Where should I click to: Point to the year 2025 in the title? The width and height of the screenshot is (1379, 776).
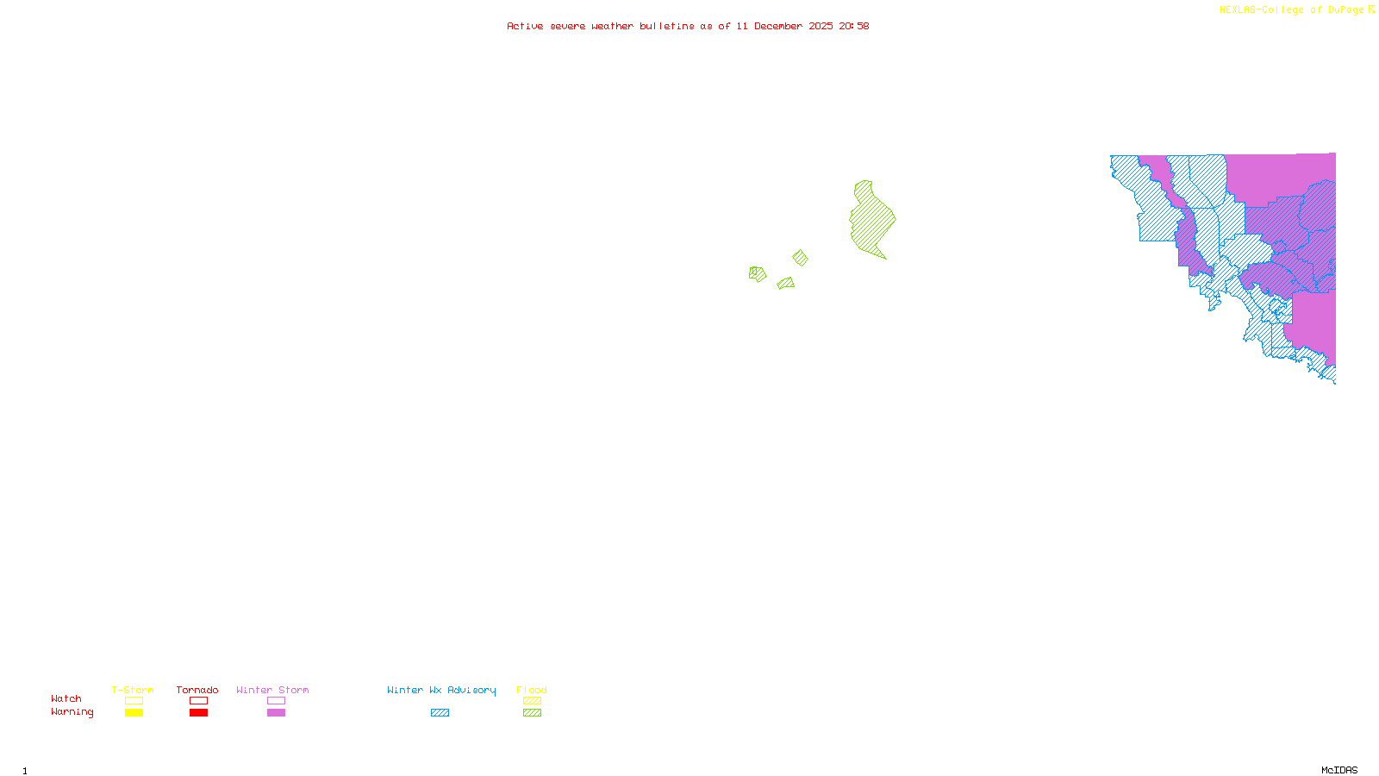[821, 26]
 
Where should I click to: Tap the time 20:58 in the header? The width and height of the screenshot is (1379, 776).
[854, 26]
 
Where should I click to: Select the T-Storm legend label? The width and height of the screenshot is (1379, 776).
[133, 690]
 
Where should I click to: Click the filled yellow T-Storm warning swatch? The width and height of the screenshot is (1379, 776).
[134, 713]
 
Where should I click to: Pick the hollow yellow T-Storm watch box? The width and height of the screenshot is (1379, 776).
[134, 701]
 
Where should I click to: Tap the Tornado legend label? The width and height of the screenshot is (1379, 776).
[197, 690]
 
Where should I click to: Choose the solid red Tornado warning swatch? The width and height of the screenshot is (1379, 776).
[198, 713]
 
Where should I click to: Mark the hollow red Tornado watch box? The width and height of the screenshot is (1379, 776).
[198, 701]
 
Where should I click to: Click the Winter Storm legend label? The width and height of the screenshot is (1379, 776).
[272, 690]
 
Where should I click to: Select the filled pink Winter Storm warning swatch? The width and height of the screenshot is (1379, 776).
[276, 713]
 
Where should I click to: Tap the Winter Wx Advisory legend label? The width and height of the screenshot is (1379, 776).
[441, 690]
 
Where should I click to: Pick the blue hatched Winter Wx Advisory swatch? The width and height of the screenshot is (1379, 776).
[440, 713]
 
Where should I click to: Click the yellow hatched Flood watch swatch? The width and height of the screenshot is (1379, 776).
[532, 701]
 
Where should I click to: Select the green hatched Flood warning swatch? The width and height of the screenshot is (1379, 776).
[532, 713]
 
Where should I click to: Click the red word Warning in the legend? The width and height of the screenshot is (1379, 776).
[72, 712]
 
